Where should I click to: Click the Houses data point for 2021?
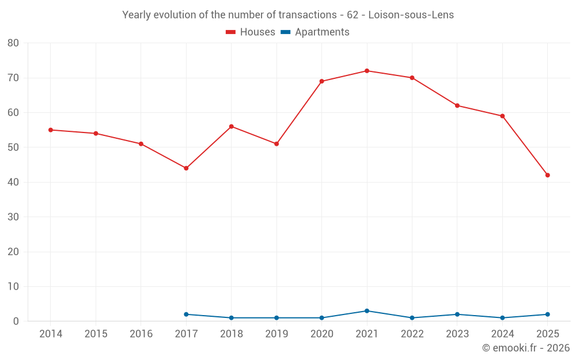coord(367,71)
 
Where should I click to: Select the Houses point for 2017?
coord(186,168)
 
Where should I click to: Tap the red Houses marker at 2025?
coord(548,175)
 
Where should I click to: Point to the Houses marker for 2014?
coord(51,130)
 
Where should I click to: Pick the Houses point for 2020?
coord(322,81)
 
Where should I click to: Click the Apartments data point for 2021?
coord(367,311)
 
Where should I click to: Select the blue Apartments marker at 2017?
coord(186,314)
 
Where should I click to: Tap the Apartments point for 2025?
coord(548,314)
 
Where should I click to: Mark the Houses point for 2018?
coord(232,126)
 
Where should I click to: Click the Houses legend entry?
coord(251,32)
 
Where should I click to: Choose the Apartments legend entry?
coord(315,32)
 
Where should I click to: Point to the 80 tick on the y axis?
coord(13,43)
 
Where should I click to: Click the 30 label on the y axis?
coord(13,217)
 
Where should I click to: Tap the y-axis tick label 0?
coord(16,321)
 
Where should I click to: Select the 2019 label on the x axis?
coord(276,334)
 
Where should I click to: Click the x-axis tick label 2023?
coord(457,334)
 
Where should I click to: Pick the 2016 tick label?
coord(141,334)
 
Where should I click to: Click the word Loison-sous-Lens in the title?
coord(411,15)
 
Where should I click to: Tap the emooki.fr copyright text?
coord(526,347)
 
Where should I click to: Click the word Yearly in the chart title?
coord(136,15)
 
